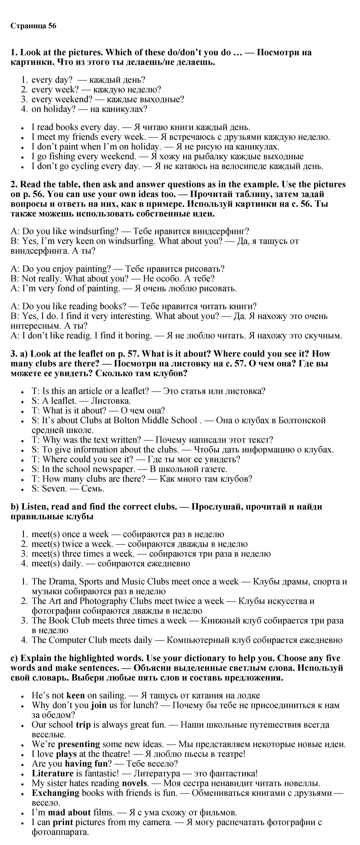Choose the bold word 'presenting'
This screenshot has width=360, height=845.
pyautogui.click(x=79, y=744)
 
